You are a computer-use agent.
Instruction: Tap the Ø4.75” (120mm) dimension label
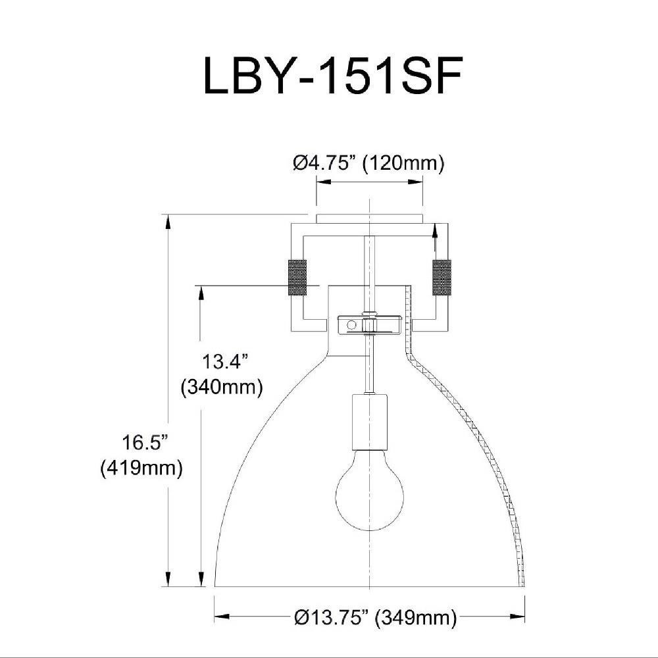pyautogui.click(x=368, y=163)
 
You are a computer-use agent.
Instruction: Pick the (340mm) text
pyautogui.click(x=222, y=386)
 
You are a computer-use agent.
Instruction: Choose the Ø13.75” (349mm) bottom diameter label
pyautogui.click(x=375, y=617)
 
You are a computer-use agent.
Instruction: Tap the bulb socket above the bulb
pyautogui.click(x=369, y=421)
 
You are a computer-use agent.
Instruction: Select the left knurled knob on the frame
pyautogui.click(x=297, y=278)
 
